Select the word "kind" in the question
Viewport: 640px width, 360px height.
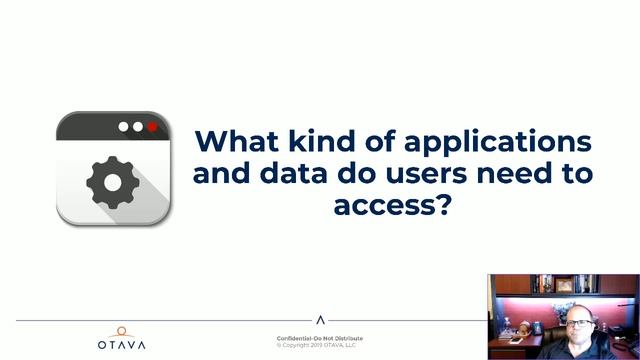tap(319, 139)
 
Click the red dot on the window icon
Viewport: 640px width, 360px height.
tap(152, 128)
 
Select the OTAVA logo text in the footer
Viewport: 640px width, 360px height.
tap(121, 344)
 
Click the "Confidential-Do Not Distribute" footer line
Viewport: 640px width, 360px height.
tap(320, 338)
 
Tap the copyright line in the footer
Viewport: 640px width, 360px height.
tap(320, 345)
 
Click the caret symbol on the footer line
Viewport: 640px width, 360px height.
tap(320, 321)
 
